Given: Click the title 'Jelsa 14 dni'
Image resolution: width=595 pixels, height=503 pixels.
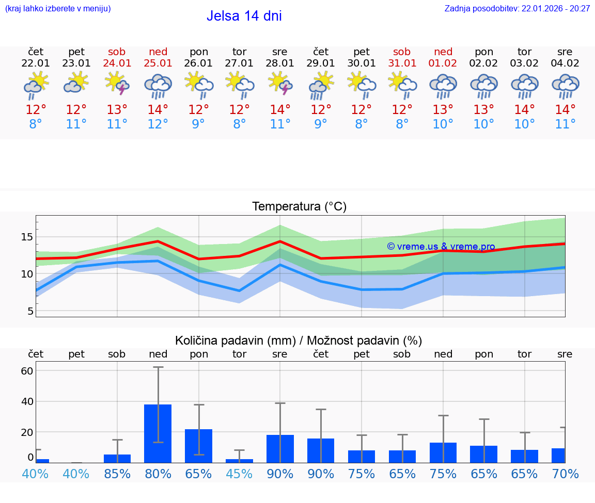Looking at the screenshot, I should click(244, 16).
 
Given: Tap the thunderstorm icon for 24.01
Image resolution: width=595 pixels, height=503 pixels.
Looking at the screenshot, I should click(117, 84).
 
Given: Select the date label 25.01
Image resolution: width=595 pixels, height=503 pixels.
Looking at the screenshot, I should click(158, 63).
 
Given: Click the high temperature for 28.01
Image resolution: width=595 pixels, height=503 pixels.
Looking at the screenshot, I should click(280, 110).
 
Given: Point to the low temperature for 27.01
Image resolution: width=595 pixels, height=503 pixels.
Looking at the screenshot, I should click(239, 124).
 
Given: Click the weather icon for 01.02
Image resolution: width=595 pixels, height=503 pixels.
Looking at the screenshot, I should click(443, 85).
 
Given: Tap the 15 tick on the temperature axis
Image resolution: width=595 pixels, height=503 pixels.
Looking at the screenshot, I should click(27, 237).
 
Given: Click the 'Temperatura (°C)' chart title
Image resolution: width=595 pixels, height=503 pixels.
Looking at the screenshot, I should click(299, 207).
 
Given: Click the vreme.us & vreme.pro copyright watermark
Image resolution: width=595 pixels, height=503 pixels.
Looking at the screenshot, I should click(441, 247).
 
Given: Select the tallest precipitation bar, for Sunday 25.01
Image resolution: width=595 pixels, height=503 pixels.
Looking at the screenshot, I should click(158, 433).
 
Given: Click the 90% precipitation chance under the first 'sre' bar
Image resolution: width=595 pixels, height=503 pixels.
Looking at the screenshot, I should click(280, 474).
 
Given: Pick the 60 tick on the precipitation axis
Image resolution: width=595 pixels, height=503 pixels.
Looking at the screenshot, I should click(27, 371).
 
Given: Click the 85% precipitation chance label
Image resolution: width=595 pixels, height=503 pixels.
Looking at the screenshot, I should click(117, 474).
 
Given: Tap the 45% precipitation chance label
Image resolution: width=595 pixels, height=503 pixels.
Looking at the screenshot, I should click(239, 474).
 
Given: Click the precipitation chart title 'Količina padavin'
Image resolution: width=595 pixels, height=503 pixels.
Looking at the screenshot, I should click(299, 340).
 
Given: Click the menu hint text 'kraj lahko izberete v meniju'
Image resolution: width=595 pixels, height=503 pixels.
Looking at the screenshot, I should click(58, 9).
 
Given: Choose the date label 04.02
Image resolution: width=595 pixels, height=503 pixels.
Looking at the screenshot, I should click(565, 63).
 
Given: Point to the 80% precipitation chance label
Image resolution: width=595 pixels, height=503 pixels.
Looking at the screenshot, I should click(158, 474).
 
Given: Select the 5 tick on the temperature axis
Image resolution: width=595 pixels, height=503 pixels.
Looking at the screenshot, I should click(30, 311).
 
